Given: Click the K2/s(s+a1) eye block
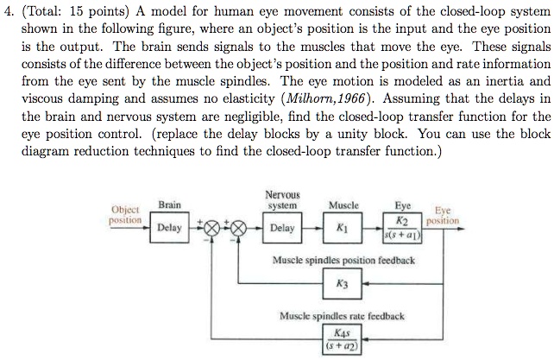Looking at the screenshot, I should (x=402, y=229).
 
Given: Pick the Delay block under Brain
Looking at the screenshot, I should (x=169, y=229).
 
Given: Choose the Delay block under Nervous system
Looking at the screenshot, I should (x=282, y=229).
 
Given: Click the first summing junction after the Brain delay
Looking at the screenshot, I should (x=210, y=229).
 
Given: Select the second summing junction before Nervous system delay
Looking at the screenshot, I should (x=236, y=229).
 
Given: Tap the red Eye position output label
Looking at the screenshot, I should (x=444, y=215).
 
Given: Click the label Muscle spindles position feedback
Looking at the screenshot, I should (x=343, y=260).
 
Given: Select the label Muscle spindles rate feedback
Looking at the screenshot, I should (x=343, y=316).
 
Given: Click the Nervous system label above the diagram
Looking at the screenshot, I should (x=283, y=200).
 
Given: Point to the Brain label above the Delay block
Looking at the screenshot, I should (x=169, y=205).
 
